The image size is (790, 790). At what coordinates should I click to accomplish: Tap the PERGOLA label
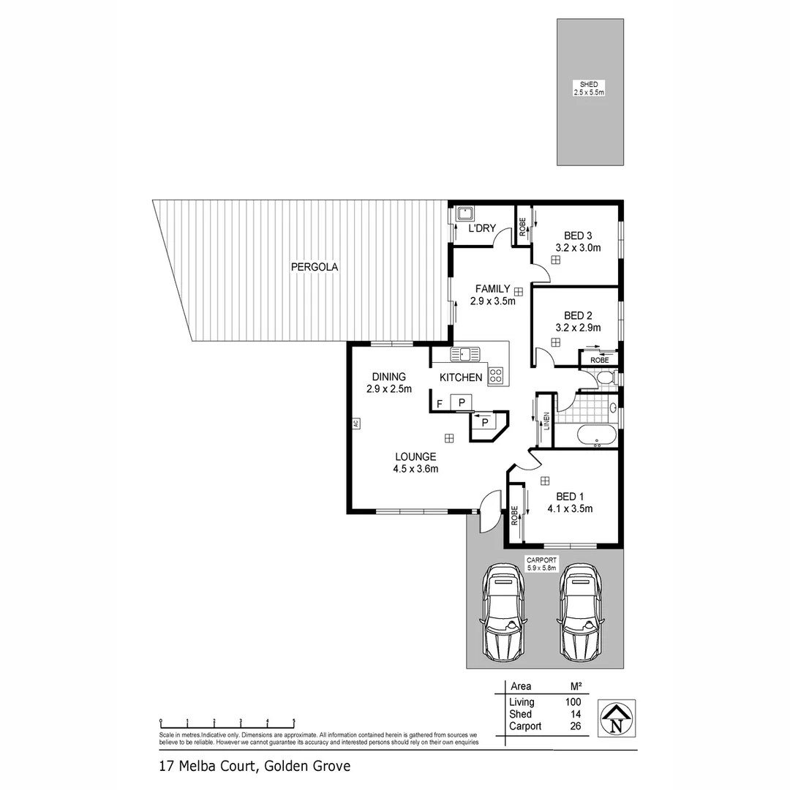pyautogui.click(x=315, y=267)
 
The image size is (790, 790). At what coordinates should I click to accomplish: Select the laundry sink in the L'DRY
pyautogui.click(x=464, y=214)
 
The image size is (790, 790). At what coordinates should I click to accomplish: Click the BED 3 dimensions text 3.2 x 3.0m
pyautogui.click(x=578, y=247)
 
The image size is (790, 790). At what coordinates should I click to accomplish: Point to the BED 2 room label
pyautogui.click(x=578, y=316)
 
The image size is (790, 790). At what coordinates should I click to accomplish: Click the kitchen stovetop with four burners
pyautogui.click(x=495, y=376)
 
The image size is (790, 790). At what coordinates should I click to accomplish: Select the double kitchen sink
pyautogui.click(x=465, y=355)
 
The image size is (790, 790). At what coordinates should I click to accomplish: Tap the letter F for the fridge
pyautogui.click(x=439, y=403)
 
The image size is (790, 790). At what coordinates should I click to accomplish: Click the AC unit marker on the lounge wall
pyautogui.click(x=354, y=424)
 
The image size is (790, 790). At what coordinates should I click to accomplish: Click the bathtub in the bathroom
pyautogui.click(x=597, y=434)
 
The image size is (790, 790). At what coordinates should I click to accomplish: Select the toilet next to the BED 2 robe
pyautogui.click(x=604, y=377)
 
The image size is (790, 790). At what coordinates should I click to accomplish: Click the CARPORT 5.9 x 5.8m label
pyautogui.click(x=541, y=563)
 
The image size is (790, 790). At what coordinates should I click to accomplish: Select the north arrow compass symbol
pyautogui.click(x=617, y=718)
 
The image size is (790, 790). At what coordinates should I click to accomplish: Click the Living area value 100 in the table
pyautogui.click(x=573, y=702)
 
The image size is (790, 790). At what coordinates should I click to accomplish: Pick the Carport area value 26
pyautogui.click(x=574, y=726)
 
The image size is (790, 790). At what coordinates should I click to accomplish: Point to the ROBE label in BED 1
pyautogui.click(x=514, y=516)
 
